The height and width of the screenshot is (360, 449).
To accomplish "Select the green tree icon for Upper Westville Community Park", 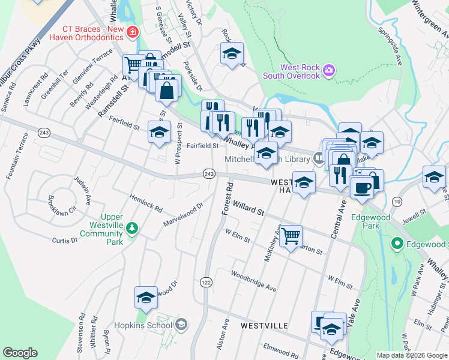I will pyautogui.click(x=131, y=227).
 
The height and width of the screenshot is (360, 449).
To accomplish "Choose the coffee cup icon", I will pyautogui.click(x=363, y=188).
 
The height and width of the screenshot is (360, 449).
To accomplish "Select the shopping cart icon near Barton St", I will pyautogui.click(x=291, y=236).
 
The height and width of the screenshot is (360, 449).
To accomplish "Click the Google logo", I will pyautogui.click(x=20, y=352).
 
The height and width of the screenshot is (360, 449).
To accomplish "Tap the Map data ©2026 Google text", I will pyautogui.click(x=412, y=355).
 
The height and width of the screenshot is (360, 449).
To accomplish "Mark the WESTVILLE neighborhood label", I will pyautogui.click(x=264, y=325).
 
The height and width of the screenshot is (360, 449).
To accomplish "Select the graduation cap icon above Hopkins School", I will pyautogui.click(x=146, y=297).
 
